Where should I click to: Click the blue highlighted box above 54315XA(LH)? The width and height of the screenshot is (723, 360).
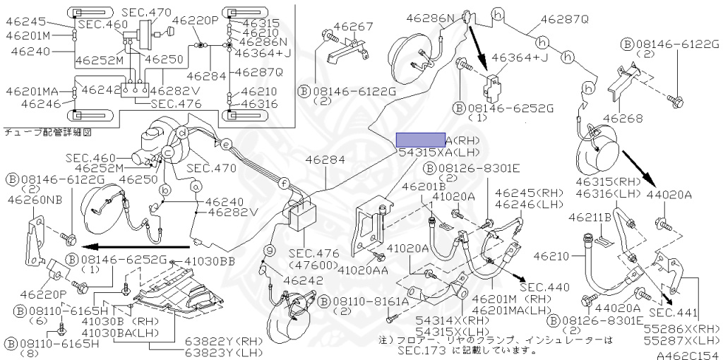point(420,139)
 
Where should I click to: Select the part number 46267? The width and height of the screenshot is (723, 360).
point(353,27)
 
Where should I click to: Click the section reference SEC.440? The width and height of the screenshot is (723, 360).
point(543,287)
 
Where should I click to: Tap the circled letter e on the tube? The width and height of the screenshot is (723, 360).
point(226,145)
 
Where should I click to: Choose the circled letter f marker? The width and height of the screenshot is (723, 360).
point(283,184)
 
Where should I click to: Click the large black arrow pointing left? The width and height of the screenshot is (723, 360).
point(134,246)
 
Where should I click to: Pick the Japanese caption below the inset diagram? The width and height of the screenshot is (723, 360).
point(48,131)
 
